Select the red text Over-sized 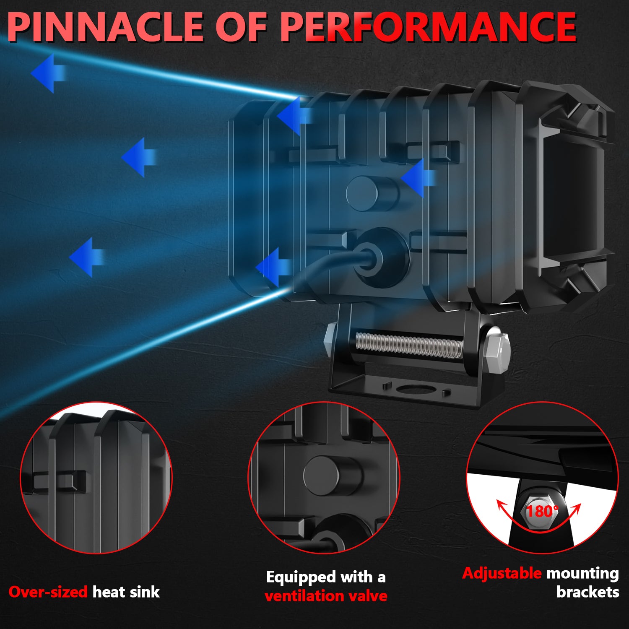coord(48,592)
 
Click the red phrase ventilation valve coord(326,595)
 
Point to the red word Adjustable coord(502,573)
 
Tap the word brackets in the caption coord(587,592)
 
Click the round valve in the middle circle coord(331,476)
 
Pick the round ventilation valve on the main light coord(371,193)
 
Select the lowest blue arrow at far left coord(86,257)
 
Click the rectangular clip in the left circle coord(59,480)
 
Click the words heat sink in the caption coord(126,592)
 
